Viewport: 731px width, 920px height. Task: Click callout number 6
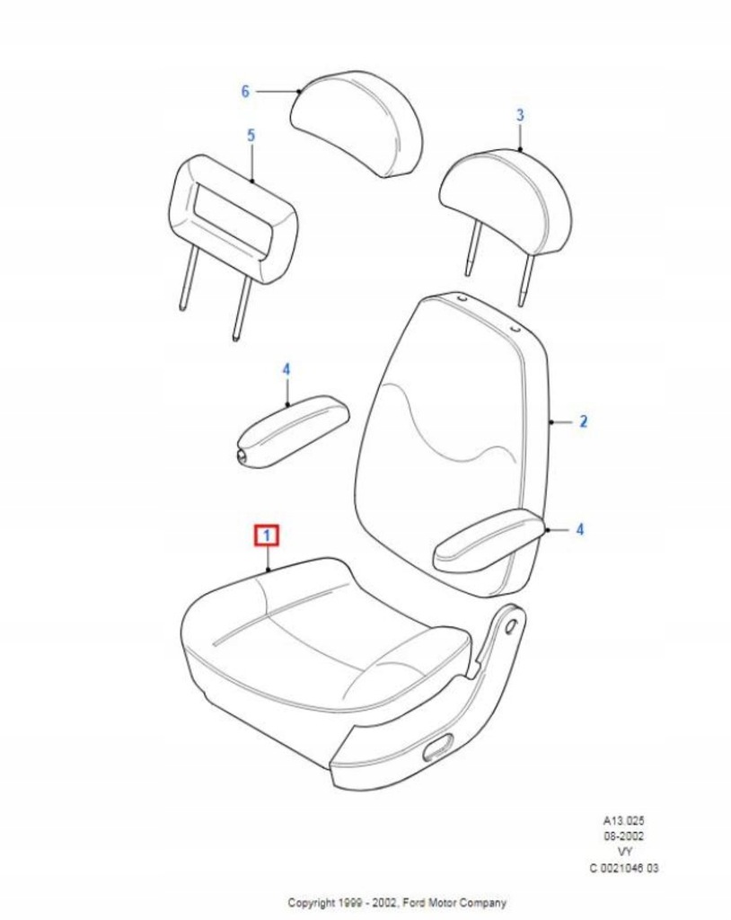point(244,91)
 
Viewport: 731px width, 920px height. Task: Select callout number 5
point(251,135)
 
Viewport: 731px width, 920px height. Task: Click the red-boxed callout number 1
point(267,536)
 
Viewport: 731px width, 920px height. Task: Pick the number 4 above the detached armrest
point(286,369)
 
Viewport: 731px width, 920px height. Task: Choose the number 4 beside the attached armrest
point(579,530)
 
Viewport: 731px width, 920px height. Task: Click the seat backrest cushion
point(449,431)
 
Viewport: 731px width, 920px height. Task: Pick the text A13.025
point(623,820)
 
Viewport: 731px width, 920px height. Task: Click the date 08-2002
point(623,836)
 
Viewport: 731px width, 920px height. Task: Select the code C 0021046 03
point(623,868)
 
